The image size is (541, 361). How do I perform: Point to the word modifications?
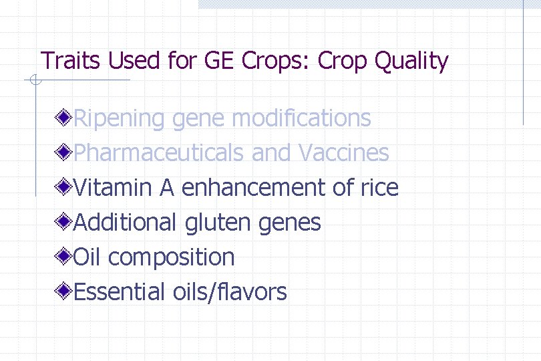tap(301, 118)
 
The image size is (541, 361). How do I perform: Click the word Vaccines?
tap(343, 153)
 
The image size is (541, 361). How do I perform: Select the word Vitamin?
tap(113, 188)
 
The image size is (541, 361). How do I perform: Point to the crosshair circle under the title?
tap(35, 82)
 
